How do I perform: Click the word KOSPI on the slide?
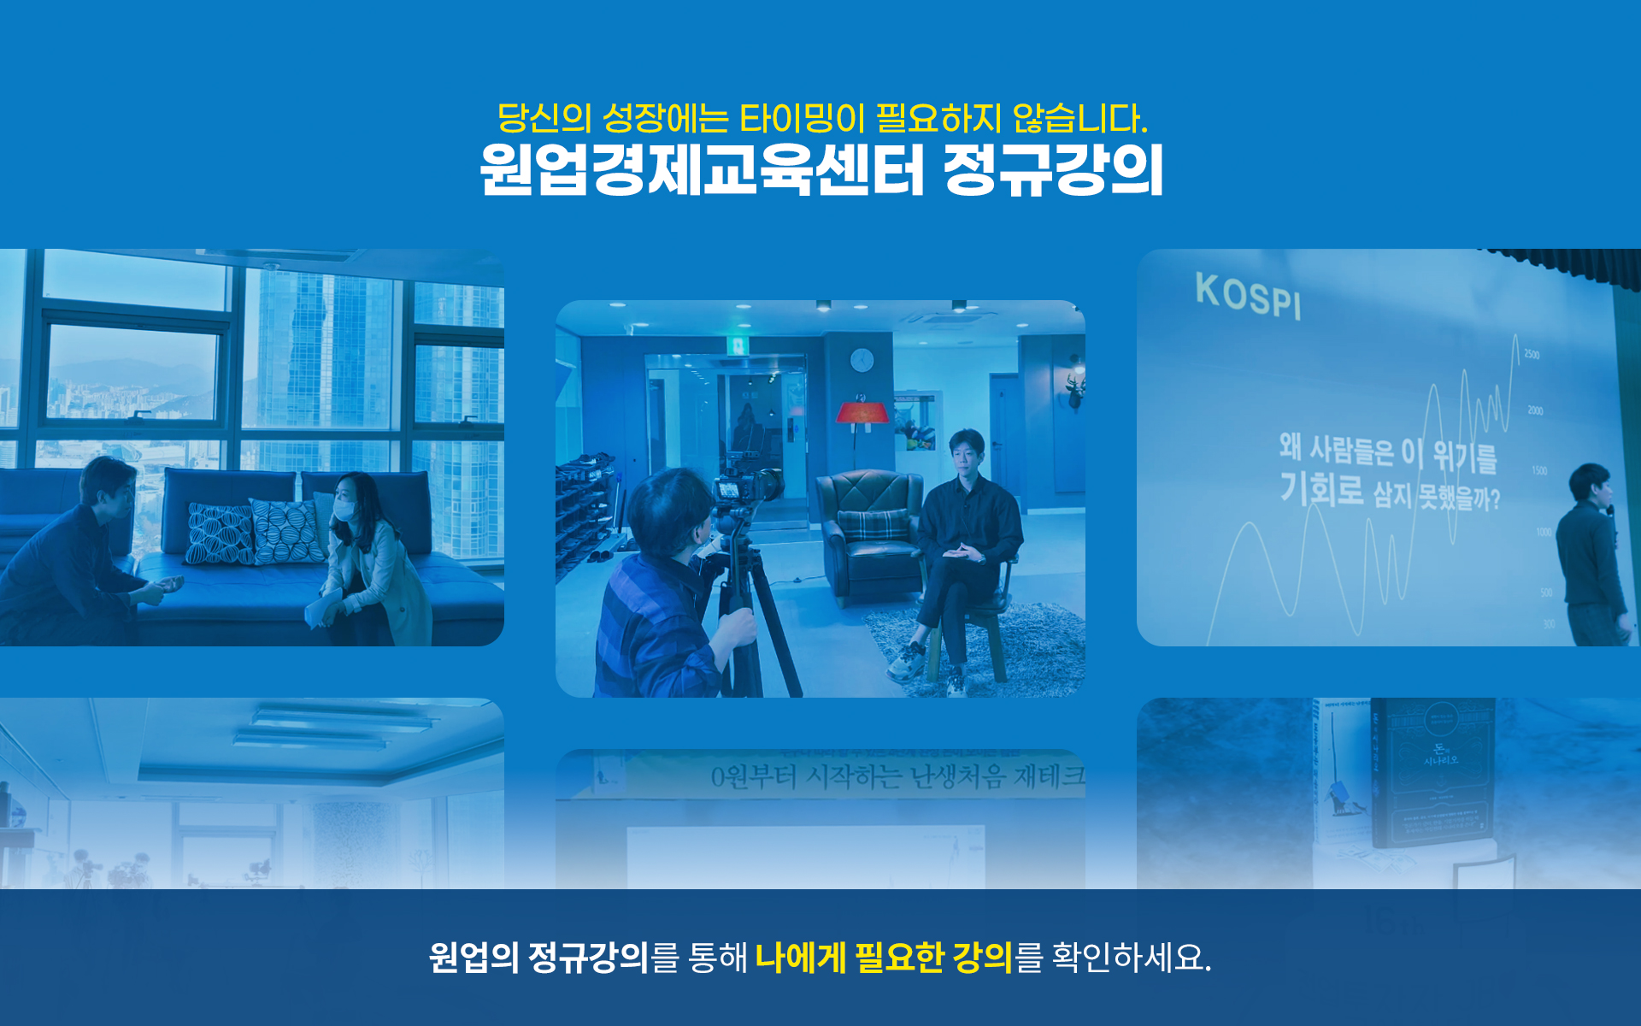1248,296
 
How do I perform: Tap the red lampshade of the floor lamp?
862,412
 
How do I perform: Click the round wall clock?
862,360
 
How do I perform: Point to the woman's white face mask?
344,510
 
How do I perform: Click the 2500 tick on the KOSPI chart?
1531,354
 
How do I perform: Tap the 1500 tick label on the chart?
1538,470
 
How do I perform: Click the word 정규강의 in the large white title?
1052,170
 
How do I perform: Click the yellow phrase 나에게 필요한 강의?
884,957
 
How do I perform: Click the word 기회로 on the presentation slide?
1320,490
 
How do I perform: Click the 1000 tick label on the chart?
1543,532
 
